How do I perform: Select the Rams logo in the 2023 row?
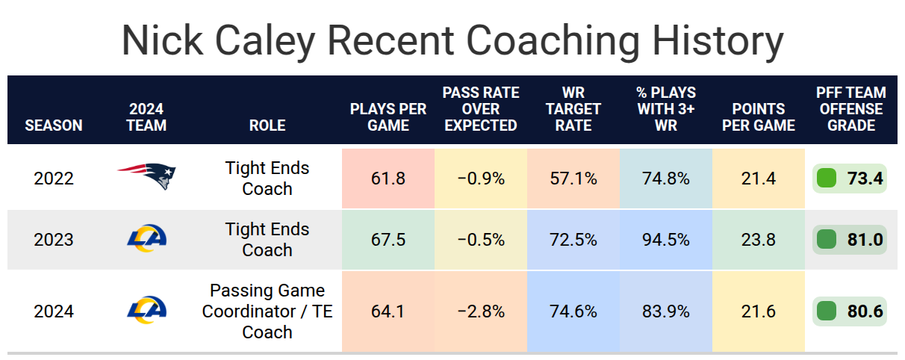146,239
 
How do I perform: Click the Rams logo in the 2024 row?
146,310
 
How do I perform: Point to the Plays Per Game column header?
388,117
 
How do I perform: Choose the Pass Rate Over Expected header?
481,109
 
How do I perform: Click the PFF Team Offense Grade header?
851,109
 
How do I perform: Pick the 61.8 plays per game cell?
388,179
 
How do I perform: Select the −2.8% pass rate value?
481,311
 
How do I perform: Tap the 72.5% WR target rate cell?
573,240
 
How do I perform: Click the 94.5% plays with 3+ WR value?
666,240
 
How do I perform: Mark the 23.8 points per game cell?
758,240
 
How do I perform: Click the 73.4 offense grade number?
865,179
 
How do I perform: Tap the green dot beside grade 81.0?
826,240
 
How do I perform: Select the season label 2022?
54,179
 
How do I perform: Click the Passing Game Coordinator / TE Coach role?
267,311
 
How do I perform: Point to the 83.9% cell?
666,311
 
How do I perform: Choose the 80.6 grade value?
865,311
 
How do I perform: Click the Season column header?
54,125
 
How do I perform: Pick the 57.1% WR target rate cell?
573,179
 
